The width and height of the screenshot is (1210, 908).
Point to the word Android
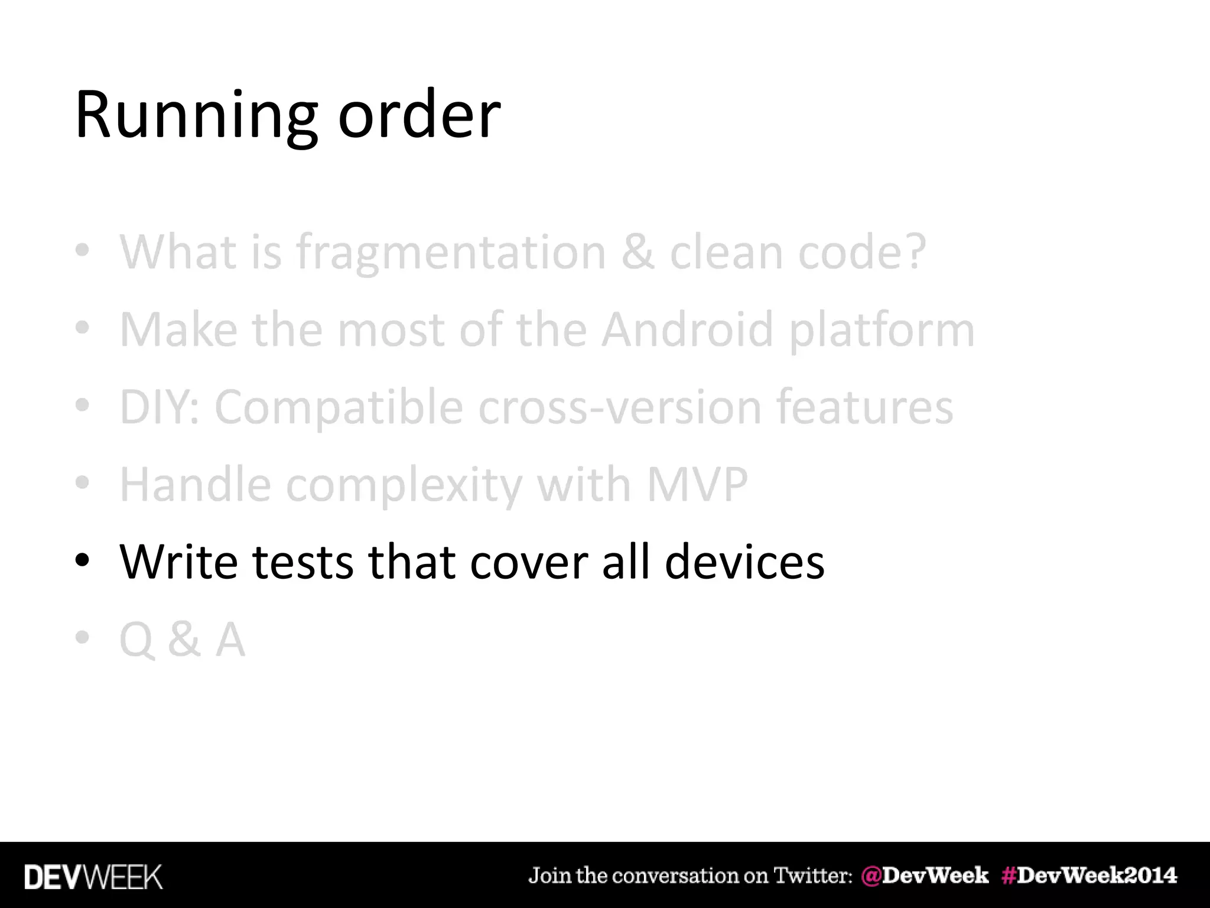coord(687,330)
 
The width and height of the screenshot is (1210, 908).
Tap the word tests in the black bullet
coord(302,562)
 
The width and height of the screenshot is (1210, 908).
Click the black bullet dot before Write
coord(82,560)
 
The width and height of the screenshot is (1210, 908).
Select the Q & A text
coord(182,640)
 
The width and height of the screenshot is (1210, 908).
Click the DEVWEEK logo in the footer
coord(93,877)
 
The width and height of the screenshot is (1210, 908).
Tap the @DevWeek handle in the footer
coord(925,875)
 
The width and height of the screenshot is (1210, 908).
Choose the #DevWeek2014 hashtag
coord(1089,875)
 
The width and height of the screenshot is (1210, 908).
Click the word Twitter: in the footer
coord(813,875)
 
